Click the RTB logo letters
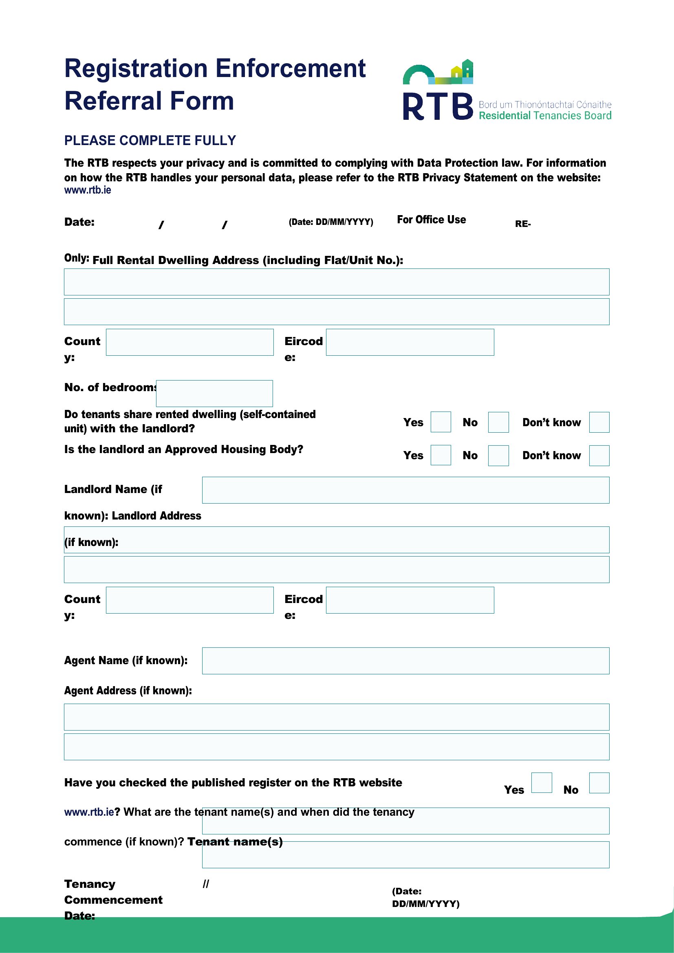[x=438, y=106]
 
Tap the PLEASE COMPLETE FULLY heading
[x=150, y=141]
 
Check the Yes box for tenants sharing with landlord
[x=441, y=422]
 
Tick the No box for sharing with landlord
[x=498, y=422]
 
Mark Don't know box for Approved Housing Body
[x=599, y=456]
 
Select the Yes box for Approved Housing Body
[x=441, y=456]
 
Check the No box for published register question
[x=599, y=783]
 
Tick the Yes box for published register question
[x=541, y=783]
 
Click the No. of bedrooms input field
[x=214, y=394]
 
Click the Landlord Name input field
[x=405, y=490]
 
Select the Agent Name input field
[x=405, y=661]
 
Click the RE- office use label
[x=522, y=224]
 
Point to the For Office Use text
[x=431, y=220]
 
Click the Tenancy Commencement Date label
[x=113, y=900]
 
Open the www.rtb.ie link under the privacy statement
[x=88, y=190]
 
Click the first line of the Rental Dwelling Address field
[x=337, y=282]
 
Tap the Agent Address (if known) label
[x=128, y=691]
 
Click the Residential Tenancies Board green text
[x=545, y=116]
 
